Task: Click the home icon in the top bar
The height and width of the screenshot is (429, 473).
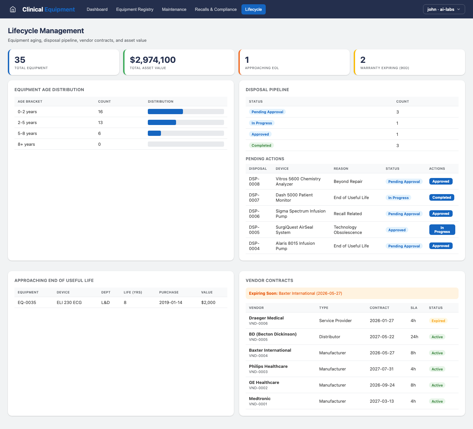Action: tap(13, 9)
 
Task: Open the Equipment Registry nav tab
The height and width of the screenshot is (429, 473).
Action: tap(135, 9)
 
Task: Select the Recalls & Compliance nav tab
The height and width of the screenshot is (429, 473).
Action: tap(215, 9)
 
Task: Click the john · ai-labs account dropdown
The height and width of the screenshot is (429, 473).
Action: tap(444, 9)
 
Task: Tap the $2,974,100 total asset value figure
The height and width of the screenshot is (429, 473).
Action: tap(153, 60)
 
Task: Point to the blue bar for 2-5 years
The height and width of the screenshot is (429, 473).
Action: tap(162, 122)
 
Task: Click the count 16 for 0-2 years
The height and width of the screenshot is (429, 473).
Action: tap(101, 112)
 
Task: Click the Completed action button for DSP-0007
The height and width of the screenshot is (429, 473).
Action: tap(441, 197)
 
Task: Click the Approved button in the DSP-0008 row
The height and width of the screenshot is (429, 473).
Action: tap(440, 181)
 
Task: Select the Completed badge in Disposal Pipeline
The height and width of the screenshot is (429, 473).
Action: tap(261, 145)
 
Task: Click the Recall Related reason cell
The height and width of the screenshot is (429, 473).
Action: tap(348, 214)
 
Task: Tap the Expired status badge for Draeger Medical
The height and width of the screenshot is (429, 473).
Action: tap(438, 321)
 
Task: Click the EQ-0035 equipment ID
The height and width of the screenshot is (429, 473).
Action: tap(27, 302)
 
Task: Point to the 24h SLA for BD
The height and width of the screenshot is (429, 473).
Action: tap(414, 337)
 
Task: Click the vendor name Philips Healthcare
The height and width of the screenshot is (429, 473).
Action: tap(268, 366)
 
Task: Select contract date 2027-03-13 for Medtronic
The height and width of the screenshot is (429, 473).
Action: tap(382, 401)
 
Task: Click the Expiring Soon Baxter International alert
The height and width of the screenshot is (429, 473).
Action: tap(352, 293)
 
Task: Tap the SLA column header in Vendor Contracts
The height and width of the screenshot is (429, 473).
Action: tap(414, 308)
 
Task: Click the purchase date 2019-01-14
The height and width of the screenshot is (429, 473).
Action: tap(170, 302)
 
